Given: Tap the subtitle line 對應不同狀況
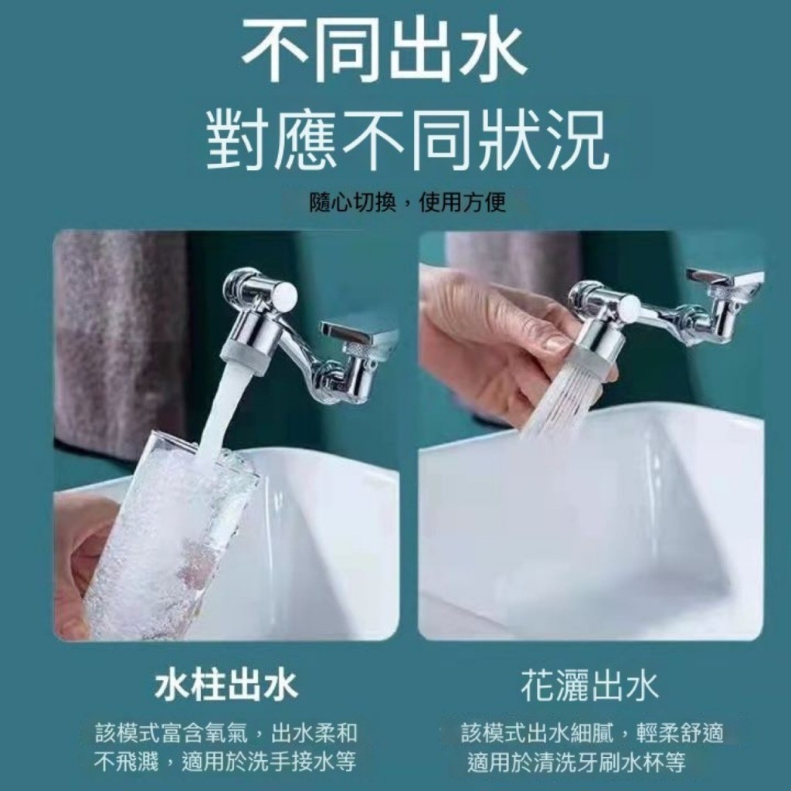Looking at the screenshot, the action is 407,141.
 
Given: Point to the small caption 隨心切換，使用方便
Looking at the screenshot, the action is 407,203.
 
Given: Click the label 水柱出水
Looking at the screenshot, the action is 226,687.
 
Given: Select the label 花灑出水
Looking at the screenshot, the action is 589,687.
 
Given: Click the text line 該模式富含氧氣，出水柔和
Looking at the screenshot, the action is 226,733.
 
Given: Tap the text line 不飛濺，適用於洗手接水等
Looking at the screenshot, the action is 225,762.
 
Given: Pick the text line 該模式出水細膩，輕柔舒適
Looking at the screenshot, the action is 592,733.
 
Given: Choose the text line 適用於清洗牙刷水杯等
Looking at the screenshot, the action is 576,762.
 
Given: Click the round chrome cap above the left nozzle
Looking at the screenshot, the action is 283,294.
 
